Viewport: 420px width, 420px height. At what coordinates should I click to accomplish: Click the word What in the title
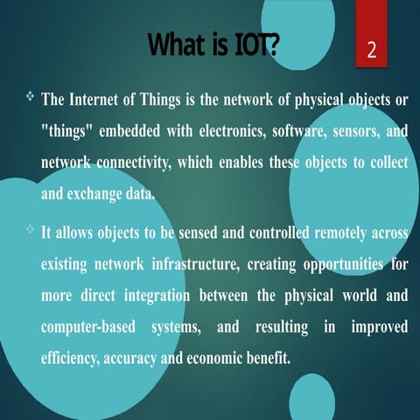178,43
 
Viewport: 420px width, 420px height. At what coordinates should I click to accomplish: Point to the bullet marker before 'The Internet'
28,96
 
